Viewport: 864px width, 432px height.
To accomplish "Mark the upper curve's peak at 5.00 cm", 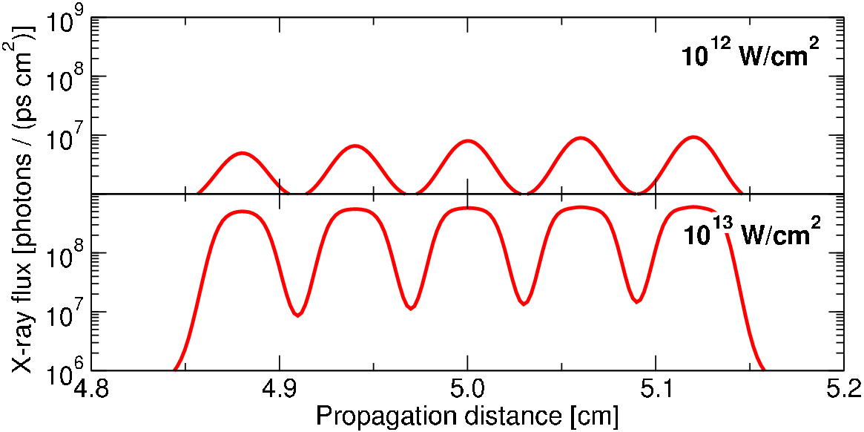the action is [x=467, y=141].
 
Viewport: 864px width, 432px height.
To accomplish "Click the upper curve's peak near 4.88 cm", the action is [x=242, y=153].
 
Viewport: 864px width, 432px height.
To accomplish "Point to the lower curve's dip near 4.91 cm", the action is [x=298, y=315].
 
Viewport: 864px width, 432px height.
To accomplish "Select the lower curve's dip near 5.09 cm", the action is [x=636, y=301].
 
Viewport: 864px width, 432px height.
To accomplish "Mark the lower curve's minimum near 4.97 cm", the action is [x=411, y=308].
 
